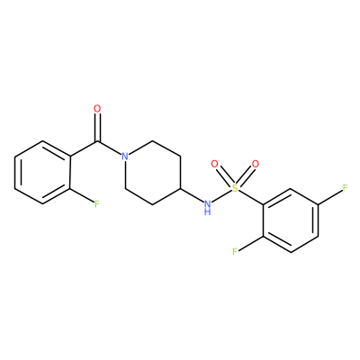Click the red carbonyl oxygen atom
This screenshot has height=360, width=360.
[97, 109]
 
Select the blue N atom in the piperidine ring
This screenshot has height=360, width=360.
[125, 157]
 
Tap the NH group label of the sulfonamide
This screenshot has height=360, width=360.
[207, 208]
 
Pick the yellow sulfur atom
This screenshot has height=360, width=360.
[235, 188]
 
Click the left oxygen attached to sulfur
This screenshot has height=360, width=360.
[214, 164]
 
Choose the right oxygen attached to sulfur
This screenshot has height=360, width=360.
[256, 164]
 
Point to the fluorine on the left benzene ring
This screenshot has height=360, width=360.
[96, 204]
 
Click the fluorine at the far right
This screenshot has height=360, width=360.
[345, 188]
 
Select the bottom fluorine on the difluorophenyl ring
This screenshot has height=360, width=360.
[235, 252]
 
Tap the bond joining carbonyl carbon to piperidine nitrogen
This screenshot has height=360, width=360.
[109, 148]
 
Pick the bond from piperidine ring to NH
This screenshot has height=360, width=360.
[192, 195]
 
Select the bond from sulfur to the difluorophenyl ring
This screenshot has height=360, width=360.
[251, 198]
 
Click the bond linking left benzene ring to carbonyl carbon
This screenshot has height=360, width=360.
[84, 148]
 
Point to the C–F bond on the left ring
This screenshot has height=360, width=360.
[82, 195]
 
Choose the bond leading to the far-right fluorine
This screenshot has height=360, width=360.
[330, 197]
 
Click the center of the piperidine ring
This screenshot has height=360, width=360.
[153, 173]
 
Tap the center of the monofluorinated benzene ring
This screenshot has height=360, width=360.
[43, 173]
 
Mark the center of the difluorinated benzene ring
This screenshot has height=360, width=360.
[291, 220]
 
